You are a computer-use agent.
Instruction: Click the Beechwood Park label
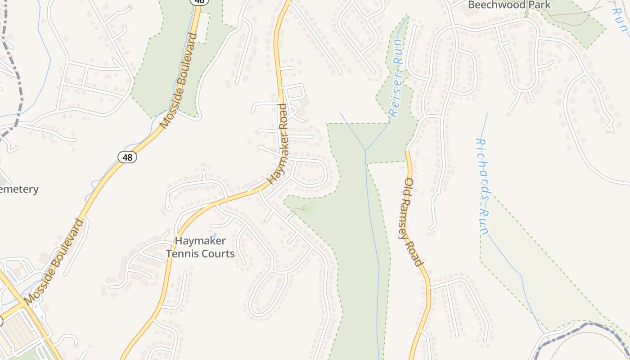click(509, 5)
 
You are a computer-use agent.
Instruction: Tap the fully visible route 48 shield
click(128, 157)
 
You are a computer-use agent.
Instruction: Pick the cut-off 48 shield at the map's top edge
click(199, 2)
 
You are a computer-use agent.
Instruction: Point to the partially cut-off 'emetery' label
click(19, 189)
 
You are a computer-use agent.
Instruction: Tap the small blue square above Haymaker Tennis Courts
click(215, 235)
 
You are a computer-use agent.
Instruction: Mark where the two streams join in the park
click(365, 150)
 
